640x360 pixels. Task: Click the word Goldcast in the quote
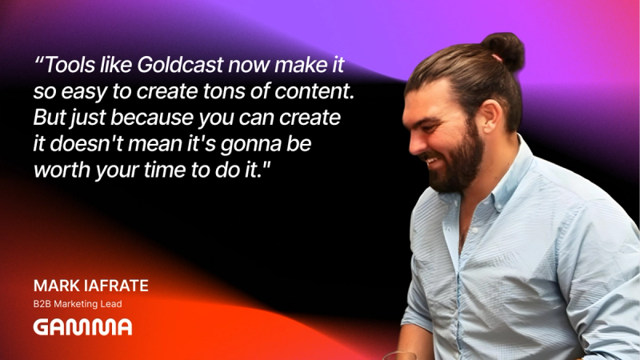[181, 65]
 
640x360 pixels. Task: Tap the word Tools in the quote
[70, 65]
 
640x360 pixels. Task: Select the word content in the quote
[314, 91]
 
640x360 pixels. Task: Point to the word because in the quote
[152, 118]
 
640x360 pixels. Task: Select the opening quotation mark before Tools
[38, 61]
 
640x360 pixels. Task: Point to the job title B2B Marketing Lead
[78, 304]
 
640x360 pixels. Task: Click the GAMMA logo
[82, 327]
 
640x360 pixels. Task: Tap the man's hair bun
[506, 50]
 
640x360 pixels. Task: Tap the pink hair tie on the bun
[497, 58]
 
